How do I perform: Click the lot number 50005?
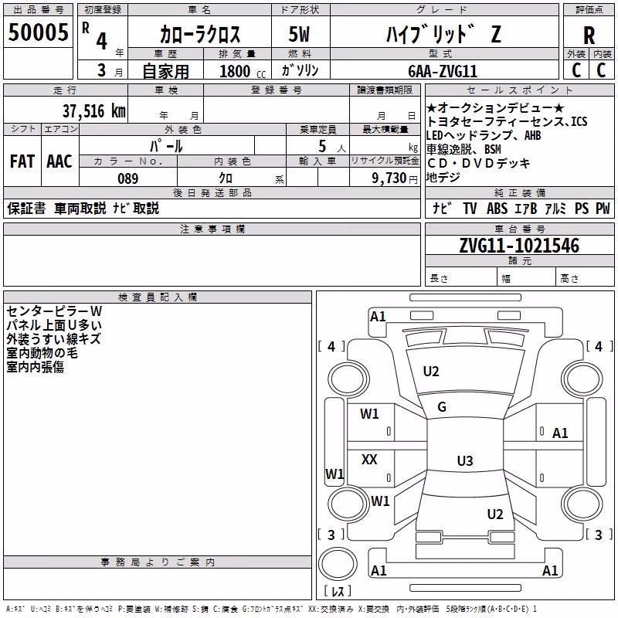(38, 32)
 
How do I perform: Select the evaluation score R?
(589, 36)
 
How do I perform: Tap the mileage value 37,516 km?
(94, 111)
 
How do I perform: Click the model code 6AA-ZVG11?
(443, 71)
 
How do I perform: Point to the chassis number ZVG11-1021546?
(519, 246)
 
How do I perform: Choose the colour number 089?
(128, 178)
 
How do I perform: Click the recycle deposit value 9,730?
(389, 178)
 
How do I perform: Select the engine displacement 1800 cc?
(243, 72)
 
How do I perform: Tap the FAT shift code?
(22, 161)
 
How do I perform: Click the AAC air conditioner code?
(59, 161)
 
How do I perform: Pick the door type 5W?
(299, 34)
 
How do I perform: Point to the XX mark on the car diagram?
(369, 459)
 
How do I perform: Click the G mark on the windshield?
(442, 407)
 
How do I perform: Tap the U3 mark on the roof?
(465, 460)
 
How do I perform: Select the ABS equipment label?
(497, 209)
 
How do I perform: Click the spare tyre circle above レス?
(338, 564)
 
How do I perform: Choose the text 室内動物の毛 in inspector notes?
(42, 353)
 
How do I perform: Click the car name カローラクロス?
(200, 35)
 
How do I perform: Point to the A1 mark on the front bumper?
(378, 317)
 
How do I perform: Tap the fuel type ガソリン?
(300, 70)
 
